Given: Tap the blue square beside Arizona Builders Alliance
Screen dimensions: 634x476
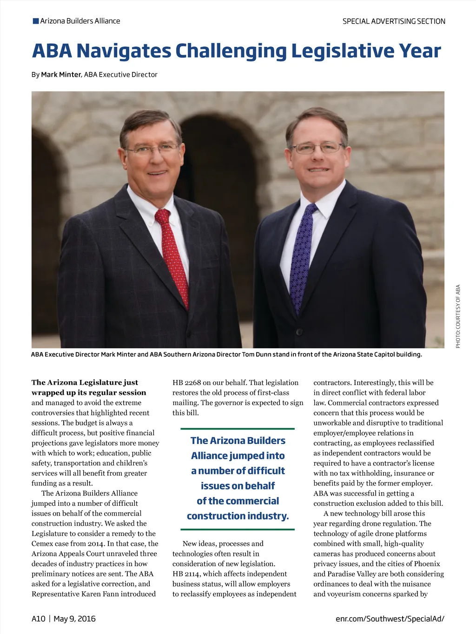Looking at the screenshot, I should click(36, 21).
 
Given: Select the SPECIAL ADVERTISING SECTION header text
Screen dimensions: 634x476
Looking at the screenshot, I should click(394, 21).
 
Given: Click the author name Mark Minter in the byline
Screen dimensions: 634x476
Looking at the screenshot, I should click(61, 75).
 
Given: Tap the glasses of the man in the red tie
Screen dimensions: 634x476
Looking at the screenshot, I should click(152, 149).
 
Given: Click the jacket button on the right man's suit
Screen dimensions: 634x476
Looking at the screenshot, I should click(299, 332).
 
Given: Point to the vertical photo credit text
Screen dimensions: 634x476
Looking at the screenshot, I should click(458, 316).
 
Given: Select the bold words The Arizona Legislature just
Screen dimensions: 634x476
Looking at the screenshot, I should click(85, 383).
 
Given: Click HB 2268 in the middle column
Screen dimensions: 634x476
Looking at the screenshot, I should click(186, 383).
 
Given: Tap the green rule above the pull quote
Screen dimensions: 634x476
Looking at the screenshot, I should click(238, 429).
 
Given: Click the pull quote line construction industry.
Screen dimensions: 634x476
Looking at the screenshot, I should click(238, 516).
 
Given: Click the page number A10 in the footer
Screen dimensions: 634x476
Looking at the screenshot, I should click(39, 619).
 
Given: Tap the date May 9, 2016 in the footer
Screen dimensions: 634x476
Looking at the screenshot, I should click(74, 619).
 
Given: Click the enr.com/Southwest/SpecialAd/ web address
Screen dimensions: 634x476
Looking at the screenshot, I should click(390, 619).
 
